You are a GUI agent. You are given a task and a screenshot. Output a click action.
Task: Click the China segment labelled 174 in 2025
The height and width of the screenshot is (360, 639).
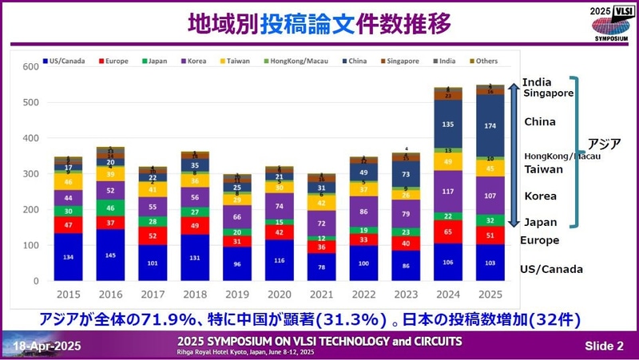tap(490, 127)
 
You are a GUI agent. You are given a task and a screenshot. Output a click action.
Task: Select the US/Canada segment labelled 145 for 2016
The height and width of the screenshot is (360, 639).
tap(109, 255)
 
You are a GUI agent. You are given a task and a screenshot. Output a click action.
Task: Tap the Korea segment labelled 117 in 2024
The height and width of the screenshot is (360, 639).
tap(448, 191)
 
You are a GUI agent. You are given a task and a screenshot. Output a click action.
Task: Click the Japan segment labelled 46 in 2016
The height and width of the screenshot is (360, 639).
tap(109, 207)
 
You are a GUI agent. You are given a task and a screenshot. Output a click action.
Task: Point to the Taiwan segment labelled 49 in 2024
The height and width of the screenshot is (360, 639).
tap(448, 161)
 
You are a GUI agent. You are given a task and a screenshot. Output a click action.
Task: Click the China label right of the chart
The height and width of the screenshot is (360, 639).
tap(540, 122)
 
